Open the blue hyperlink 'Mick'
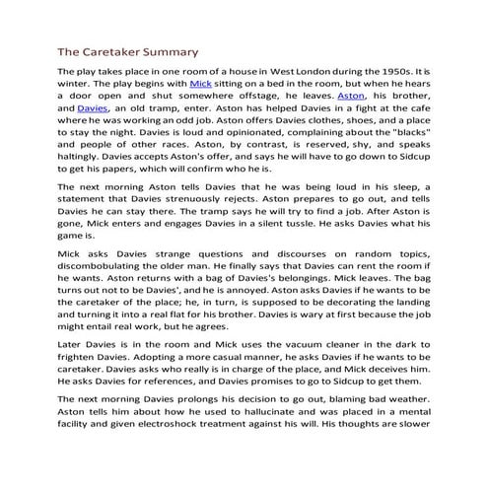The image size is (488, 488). pyautogui.click(x=200, y=87)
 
